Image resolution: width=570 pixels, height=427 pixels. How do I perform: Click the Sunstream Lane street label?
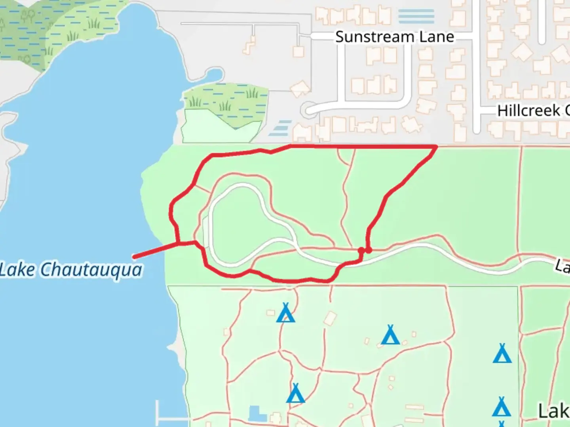(x=394, y=37)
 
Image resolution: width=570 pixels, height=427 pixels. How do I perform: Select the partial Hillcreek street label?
(x=533, y=110)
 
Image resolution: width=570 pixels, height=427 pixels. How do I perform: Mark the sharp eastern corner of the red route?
(x=436, y=147)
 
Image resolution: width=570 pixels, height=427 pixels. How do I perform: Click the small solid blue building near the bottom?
(x=257, y=414)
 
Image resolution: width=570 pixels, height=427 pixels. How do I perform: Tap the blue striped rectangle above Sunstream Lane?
(x=416, y=16)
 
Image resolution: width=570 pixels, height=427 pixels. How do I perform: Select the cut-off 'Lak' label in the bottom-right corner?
(x=553, y=411)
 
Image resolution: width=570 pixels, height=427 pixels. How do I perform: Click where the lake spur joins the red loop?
(x=179, y=243)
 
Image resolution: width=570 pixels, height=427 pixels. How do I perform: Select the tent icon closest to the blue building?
(x=295, y=393)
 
